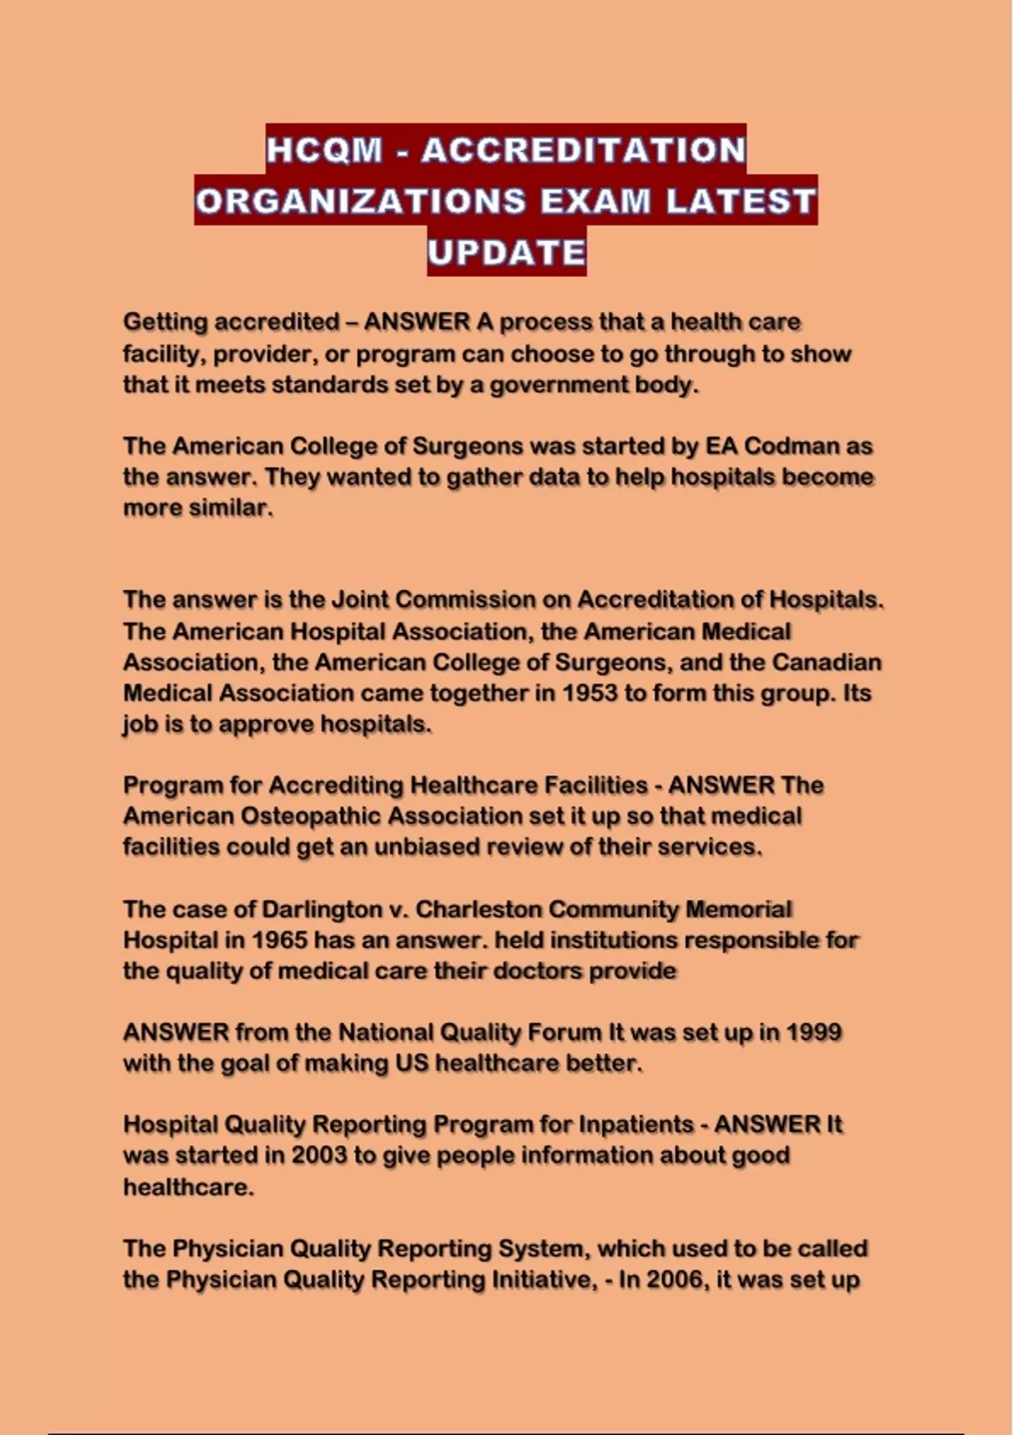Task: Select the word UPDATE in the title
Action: click(x=506, y=252)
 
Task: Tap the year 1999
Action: click(x=813, y=1032)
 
